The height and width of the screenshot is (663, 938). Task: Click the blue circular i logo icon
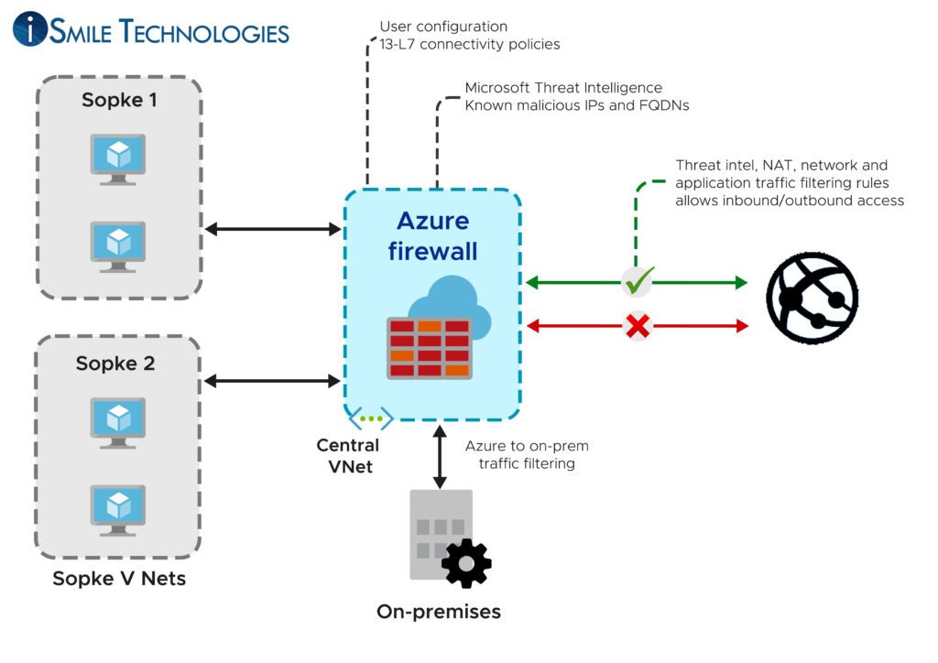click(x=29, y=29)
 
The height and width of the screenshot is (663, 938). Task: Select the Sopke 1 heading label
click(x=119, y=100)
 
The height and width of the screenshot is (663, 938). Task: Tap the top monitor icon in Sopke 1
click(x=118, y=155)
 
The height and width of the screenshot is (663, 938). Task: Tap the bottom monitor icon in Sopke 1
click(x=118, y=245)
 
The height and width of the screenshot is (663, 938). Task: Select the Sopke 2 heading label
click(x=115, y=364)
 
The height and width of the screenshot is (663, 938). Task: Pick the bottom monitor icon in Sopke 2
click(x=118, y=509)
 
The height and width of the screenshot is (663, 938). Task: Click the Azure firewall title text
click(x=432, y=235)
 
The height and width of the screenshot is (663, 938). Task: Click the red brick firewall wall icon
click(x=430, y=348)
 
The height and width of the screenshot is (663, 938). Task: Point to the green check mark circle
click(x=636, y=283)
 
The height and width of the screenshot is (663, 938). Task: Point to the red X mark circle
click(x=636, y=325)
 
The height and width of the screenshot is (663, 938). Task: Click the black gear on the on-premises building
click(x=466, y=563)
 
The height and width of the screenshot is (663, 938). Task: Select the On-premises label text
click(x=439, y=611)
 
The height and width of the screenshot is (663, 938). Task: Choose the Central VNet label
click(x=347, y=455)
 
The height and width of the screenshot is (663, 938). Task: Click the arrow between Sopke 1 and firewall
click(x=273, y=229)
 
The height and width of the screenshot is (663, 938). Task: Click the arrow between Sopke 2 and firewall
click(x=273, y=380)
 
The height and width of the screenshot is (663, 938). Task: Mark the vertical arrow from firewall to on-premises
click(x=440, y=455)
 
